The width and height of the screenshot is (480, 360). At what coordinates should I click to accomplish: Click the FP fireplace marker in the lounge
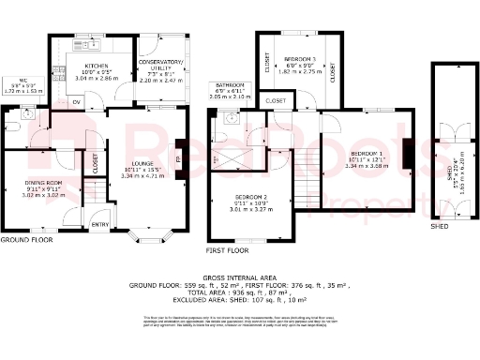coord(179,159)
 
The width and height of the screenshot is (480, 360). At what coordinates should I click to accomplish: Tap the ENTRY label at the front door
coord(100,224)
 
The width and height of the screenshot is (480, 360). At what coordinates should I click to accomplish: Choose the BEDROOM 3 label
coord(301,58)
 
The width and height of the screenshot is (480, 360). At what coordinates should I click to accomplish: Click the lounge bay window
coord(150,231)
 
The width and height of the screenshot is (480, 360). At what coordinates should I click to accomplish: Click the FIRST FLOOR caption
coord(226,251)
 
